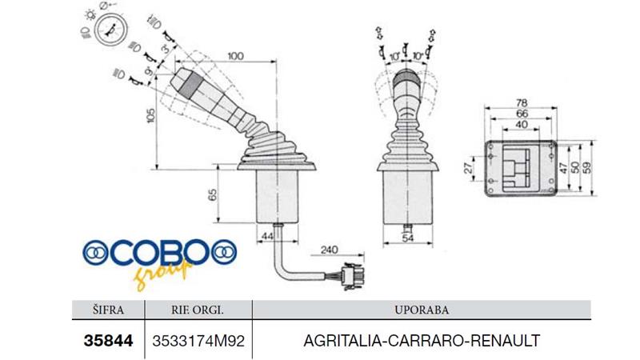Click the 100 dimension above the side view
pyautogui.click(x=234, y=58)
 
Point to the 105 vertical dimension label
pyautogui.click(x=150, y=118)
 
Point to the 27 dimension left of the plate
pyautogui.click(x=469, y=166)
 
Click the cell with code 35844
pyautogui.click(x=107, y=339)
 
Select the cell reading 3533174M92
pyautogui.click(x=197, y=340)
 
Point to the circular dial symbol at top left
pyautogui.click(x=109, y=31)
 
